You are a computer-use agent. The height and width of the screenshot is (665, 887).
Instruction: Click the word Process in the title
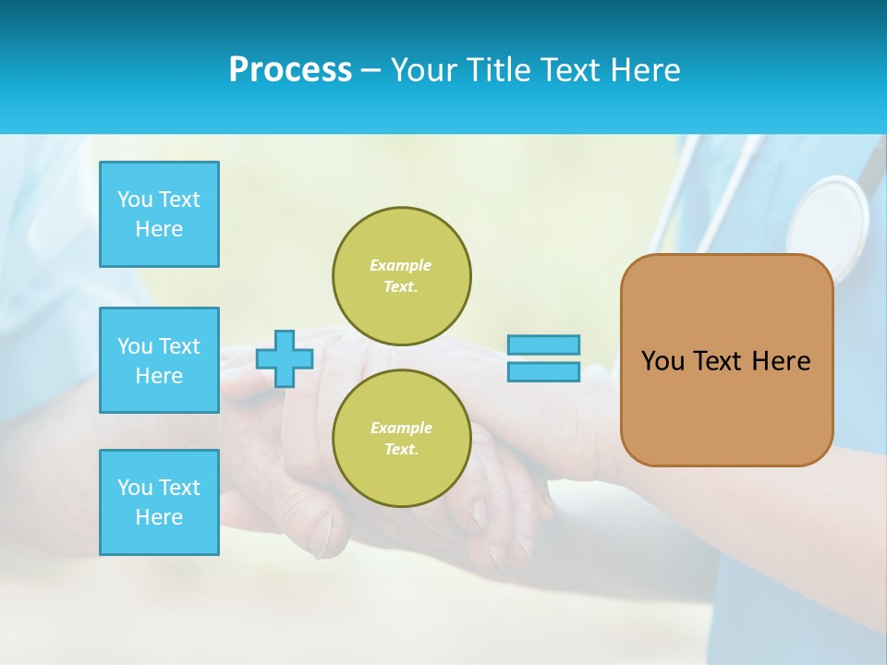(x=290, y=70)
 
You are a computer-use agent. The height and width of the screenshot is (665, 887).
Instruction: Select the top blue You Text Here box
(x=159, y=214)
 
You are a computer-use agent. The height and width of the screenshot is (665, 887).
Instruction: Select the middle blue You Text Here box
(x=159, y=360)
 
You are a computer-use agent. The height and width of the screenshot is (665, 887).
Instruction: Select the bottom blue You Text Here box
(x=159, y=502)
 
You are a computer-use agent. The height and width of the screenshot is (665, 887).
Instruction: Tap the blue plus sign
(x=285, y=358)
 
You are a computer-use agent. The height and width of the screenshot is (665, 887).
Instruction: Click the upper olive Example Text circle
(x=401, y=275)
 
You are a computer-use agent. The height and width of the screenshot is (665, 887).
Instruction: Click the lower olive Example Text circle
(x=401, y=438)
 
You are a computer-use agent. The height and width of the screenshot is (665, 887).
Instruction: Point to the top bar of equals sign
(x=543, y=345)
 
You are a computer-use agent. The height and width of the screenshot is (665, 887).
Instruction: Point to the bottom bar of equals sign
(x=543, y=371)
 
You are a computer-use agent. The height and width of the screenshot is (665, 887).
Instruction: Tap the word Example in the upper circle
(x=400, y=265)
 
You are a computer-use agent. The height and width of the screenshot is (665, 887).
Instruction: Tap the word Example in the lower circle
(x=400, y=428)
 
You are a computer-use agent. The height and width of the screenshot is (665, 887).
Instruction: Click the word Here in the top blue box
(x=159, y=229)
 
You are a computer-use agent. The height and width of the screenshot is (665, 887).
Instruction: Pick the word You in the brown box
(x=662, y=361)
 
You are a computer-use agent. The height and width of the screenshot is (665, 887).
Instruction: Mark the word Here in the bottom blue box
(x=159, y=517)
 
